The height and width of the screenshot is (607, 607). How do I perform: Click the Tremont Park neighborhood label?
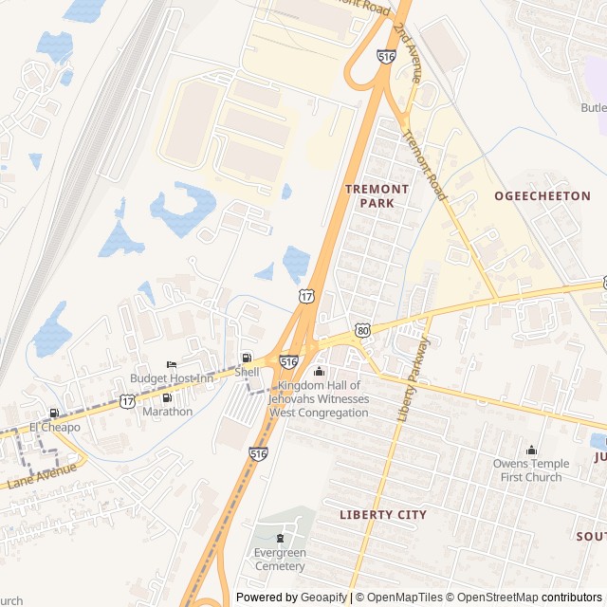(377, 195)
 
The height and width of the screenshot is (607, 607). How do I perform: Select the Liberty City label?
(383, 514)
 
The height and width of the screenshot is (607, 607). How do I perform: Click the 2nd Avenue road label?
(406, 58)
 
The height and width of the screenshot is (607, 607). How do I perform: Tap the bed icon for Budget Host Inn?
(172, 364)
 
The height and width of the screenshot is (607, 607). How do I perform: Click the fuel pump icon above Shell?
(247, 359)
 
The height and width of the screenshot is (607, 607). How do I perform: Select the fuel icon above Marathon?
(167, 397)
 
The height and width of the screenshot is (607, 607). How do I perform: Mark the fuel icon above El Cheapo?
(53, 413)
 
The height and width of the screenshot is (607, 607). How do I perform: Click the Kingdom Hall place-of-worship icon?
(319, 371)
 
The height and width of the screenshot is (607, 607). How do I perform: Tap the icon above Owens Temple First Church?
(531, 450)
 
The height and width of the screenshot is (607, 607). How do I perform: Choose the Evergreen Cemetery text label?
(279, 560)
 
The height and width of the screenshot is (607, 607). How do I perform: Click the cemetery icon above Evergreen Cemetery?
(279, 539)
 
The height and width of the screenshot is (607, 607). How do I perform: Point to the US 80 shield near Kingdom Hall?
(363, 330)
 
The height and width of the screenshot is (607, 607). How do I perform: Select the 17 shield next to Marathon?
(127, 401)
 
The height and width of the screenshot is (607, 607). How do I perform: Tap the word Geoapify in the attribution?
(323, 598)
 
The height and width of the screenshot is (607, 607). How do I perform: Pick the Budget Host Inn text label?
(172, 378)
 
